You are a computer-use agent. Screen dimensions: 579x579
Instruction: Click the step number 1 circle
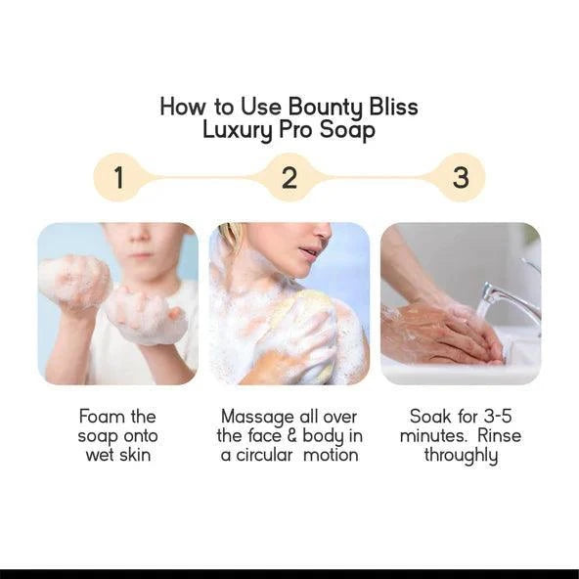[x=119, y=178]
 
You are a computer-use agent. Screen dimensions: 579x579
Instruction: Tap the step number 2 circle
[x=289, y=178]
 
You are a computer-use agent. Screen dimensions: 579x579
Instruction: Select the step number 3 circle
[x=461, y=178]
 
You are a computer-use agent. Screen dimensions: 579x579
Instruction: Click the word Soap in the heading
[x=347, y=130]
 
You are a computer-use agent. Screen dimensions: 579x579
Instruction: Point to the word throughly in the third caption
[x=461, y=455]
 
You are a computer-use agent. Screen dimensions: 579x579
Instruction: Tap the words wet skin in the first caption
[x=117, y=455]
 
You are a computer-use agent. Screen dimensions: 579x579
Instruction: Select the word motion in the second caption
[x=334, y=455]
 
